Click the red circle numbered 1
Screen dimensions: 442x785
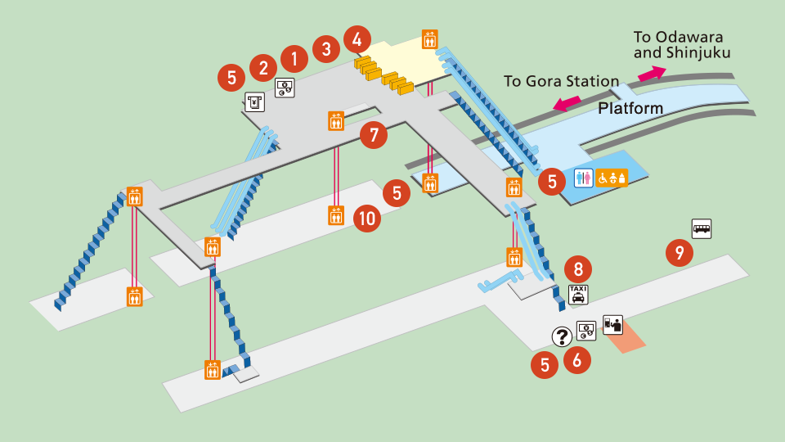pyautogui.click(x=294, y=57)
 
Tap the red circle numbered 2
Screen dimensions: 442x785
pyautogui.click(x=263, y=66)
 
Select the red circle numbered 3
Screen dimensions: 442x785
pyautogui.click(x=325, y=48)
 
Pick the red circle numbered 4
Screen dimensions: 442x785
pyautogui.click(x=357, y=38)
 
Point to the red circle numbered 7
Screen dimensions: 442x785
pyautogui.click(x=374, y=134)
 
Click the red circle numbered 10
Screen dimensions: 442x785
pyautogui.click(x=368, y=218)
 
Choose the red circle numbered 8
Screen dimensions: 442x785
pyautogui.click(x=578, y=268)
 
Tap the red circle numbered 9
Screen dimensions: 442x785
pyautogui.click(x=679, y=252)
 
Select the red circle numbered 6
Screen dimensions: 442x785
pyautogui.click(x=577, y=359)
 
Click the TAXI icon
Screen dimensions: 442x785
pyautogui.click(x=578, y=295)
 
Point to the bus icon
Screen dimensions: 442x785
pyautogui.click(x=702, y=228)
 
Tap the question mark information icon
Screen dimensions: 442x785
pyautogui.click(x=562, y=336)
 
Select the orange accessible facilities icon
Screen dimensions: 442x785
pyautogui.click(x=612, y=178)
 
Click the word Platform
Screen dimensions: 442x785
pyautogui.click(x=630, y=108)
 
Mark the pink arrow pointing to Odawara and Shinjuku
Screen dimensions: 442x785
pyautogui.click(x=652, y=73)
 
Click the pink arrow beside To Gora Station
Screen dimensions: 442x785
pyautogui.click(x=567, y=104)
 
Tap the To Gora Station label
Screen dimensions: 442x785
pyautogui.click(x=561, y=81)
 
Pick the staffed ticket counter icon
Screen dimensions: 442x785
pyautogui.click(x=612, y=324)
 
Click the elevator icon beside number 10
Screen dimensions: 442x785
pyautogui.click(x=335, y=215)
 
